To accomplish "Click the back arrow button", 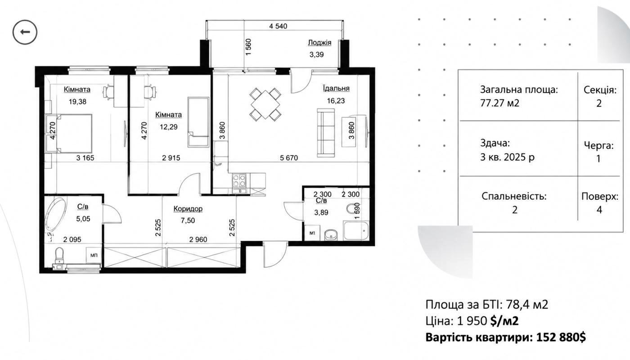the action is pyautogui.click(x=25, y=32).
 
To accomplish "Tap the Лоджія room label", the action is pyautogui.click(x=319, y=42).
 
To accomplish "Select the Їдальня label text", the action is pyautogui.click(x=336, y=88).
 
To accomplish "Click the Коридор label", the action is pyautogui.click(x=188, y=209).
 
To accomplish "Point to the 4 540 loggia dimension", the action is pyautogui.click(x=278, y=26).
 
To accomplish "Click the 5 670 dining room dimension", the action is pyautogui.click(x=289, y=158).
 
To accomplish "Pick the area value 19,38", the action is pyautogui.click(x=77, y=102).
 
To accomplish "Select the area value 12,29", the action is pyautogui.click(x=169, y=127).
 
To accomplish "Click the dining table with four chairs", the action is pyautogui.click(x=265, y=104).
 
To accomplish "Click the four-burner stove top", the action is pyautogui.click(x=239, y=180).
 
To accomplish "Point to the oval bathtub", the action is pyautogui.click(x=56, y=215).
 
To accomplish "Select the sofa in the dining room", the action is pyautogui.click(x=326, y=132).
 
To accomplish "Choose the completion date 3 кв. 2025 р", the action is pyautogui.click(x=508, y=157).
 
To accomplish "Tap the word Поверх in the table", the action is pyautogui.click(x=600, y=196).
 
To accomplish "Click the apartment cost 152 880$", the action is pyautogui.click(x=561, y=337).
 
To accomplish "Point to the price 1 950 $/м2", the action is pyautogui.click(x=488, y=320).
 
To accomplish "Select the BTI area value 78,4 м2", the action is pyautogui.click(x=527, y=305).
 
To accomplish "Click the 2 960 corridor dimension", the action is pyautogui.click(x=198, y=239).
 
